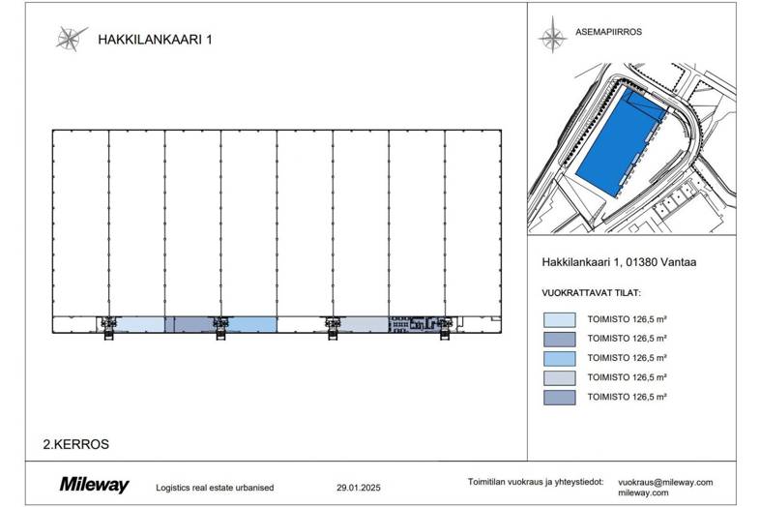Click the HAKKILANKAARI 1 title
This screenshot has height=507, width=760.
[x=155, y=40]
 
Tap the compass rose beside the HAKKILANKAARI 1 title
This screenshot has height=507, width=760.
[x=71, y=39]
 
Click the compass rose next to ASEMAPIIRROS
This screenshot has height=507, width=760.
[x=552, y=35]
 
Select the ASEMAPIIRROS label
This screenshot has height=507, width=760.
[x=608, y=32]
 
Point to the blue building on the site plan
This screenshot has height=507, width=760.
[x=622, y=140]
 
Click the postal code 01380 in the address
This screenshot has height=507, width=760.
[x=641, y=262]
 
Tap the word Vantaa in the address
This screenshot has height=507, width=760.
[x=678, y=262]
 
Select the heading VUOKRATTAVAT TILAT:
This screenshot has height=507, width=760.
[x=592, y=293]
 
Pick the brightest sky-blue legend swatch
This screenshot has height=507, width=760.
[x=559, y=359]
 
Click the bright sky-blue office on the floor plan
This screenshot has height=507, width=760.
[x=252, y=324]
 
